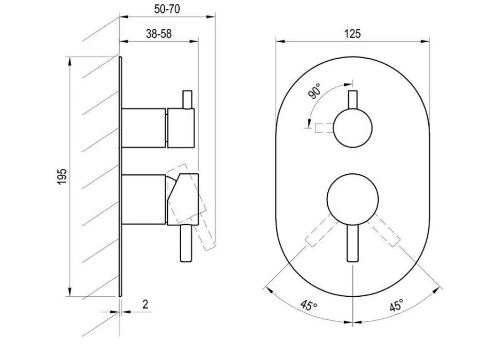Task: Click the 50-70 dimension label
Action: coord(167,9)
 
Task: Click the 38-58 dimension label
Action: coord(159,33)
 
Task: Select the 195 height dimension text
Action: coord(62,176)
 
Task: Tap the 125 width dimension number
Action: coord(352,33)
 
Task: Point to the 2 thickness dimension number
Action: coord(146,304)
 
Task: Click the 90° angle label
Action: coord(315,91)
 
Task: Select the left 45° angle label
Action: coord(309,305)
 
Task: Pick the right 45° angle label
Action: coord(397,305)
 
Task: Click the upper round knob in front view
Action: coord(352,128)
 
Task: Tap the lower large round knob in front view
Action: coord(352,200)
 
